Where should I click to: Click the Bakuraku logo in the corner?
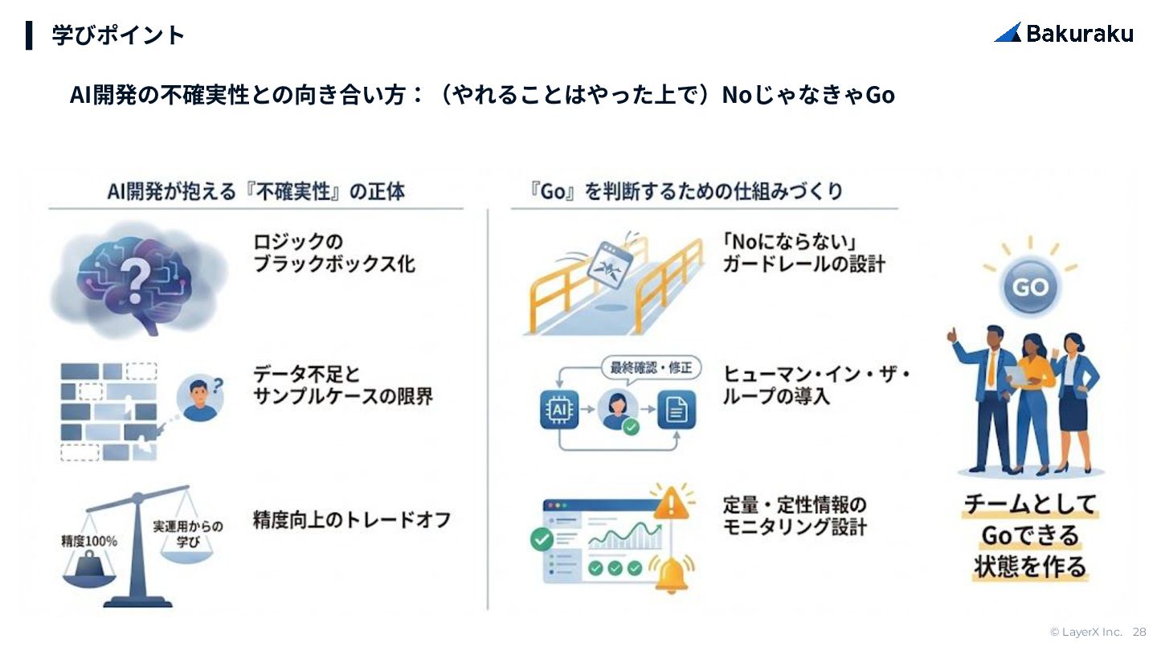coord(1064,33)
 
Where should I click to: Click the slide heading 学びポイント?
coord(118,35)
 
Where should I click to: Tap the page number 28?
coord(1139,633)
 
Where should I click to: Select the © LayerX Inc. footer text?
coord(1085,633)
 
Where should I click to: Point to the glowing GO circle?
coord(1030,287)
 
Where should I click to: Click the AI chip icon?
coord(559,410)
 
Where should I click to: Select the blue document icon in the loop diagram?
coord(677,411)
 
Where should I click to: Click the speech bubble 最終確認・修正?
coord(651,368)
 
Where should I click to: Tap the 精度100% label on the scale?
coord(88,541)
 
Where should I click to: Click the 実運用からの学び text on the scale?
coord(188,534)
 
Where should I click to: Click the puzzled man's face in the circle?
coord(199,397)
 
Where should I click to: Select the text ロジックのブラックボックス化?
coord(333,252)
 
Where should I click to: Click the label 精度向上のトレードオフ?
coord(351,519)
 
